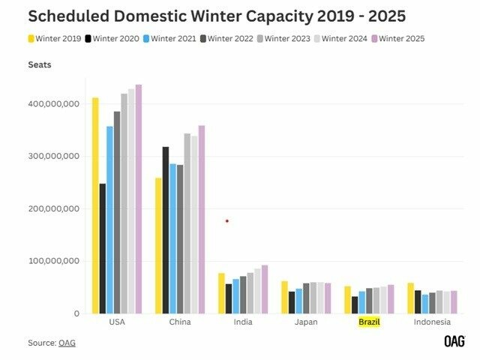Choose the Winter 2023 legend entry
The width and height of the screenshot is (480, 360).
[x=292, y=38]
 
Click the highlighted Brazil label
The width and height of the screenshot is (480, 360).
[x=370, y=322]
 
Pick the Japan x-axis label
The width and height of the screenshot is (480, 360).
[x=306, y=322]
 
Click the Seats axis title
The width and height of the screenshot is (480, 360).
[x=40, y=65]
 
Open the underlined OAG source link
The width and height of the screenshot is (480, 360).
[x=67, y=343]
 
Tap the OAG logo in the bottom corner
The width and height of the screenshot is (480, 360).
[x=454, y=341]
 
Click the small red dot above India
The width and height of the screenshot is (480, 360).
[x=227, y=220]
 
